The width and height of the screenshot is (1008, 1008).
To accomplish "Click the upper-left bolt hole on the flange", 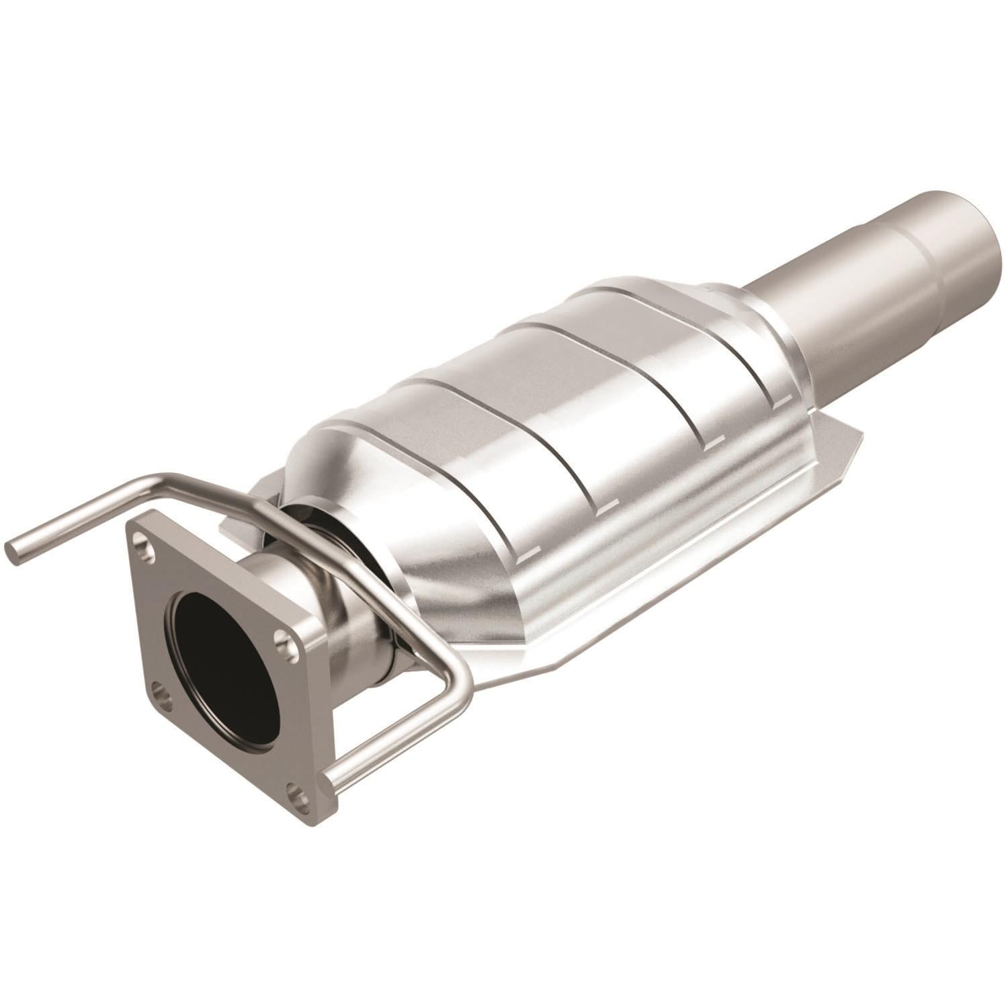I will click(140, 538).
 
